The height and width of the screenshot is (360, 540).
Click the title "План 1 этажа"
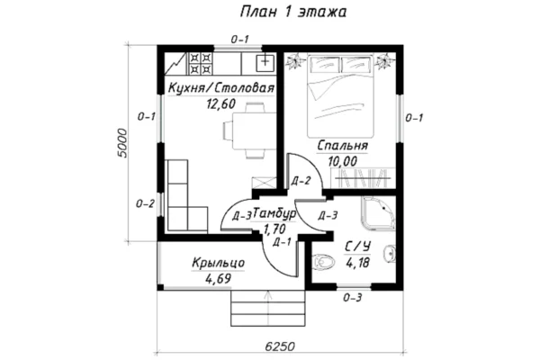coord(293,12)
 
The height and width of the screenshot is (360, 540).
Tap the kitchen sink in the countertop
coord(265,62)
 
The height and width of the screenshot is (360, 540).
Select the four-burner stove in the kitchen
coord(200,63)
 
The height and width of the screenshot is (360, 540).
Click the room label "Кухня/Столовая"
coord(221,88)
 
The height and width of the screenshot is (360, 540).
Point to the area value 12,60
coord(220,103)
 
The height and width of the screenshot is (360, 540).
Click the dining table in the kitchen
coord(255,130)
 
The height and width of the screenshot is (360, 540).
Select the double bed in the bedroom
coord(340,95)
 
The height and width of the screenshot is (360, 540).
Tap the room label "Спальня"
coord(342,146)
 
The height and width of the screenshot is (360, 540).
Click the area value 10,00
coord(343,161)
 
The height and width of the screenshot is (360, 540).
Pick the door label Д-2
coord(301,181)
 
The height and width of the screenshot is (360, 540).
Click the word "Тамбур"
coord(274,214)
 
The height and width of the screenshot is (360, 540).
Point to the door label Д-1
coord(282,242)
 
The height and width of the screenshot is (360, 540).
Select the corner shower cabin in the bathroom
coord(379,213)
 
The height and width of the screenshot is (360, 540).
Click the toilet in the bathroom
coord(324,261)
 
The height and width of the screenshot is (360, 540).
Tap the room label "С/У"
coord(358,247)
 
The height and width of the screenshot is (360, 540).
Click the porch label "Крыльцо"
coord(219,263)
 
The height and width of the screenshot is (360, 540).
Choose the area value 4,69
coord(219,278)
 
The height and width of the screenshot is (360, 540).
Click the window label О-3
coord(352,297)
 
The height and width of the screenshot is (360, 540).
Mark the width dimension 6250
coord(280,346)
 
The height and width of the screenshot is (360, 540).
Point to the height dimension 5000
coord(121,143)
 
